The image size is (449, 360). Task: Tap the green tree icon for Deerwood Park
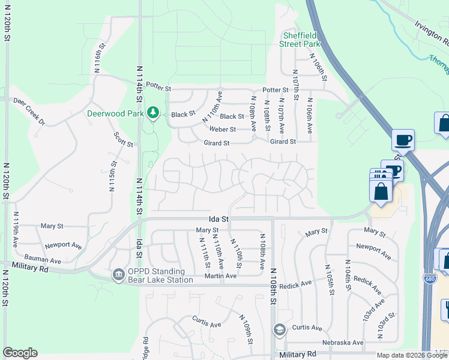coord(153,113)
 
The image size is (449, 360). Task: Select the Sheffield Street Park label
coord(301,39)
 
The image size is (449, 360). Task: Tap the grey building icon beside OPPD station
coord(118,275)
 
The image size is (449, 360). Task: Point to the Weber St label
coord(222,129)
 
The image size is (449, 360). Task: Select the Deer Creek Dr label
coord(29,112)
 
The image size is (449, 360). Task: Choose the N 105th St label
coord(329,279)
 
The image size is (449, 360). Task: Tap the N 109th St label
coord(245,329)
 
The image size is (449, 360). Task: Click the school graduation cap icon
coord(279,329)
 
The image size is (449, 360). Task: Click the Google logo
coord(20,353)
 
